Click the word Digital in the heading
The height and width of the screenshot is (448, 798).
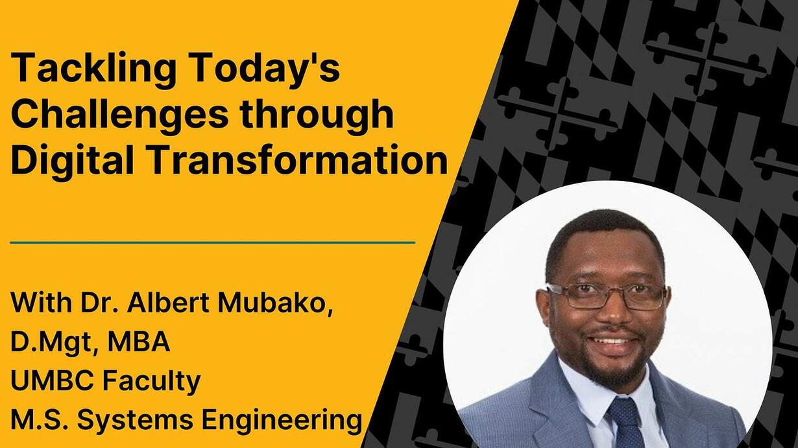point(71,161)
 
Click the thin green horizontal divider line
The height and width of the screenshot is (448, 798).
point(213,242)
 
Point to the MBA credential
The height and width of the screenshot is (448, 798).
point(139,341)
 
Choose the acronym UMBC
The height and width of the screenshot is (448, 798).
point(52,381)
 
